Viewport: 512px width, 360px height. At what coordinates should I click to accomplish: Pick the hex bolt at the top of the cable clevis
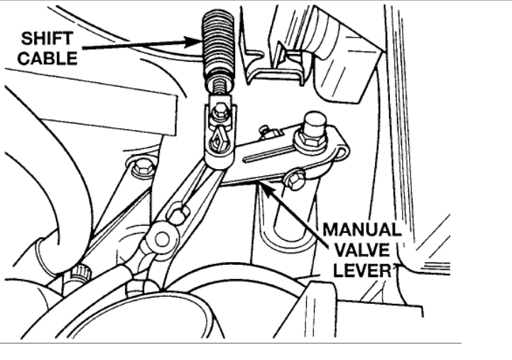[x=219, y=111]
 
